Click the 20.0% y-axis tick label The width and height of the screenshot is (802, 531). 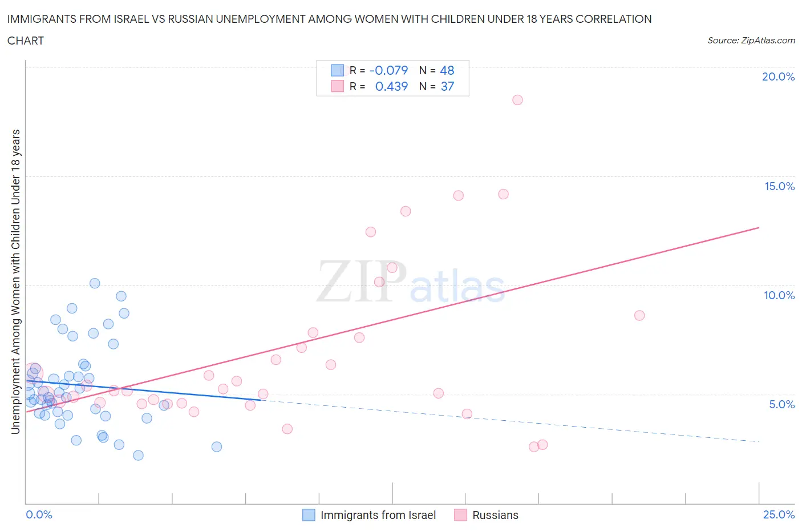pos(778,77)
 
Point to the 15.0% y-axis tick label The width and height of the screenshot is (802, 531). pos(779,186)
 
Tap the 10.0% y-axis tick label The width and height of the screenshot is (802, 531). pos(779,295)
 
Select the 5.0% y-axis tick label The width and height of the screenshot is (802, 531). pos(781,404)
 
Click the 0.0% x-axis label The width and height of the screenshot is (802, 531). pos(39,514)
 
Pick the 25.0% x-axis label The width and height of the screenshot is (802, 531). pos(779,514)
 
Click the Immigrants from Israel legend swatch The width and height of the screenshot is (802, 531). pos(309,515)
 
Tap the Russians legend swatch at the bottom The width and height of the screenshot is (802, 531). pos(460,515)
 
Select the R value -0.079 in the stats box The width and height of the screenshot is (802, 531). pos(388,70)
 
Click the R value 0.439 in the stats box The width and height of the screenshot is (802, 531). pos(391,86)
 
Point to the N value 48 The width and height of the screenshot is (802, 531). pos(447,70)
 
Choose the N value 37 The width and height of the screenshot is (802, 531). pos(447,86)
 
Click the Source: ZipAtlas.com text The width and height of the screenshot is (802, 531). pos(751,40)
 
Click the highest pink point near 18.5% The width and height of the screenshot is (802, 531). pos(517,100)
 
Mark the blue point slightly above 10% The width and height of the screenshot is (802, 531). pos(95,283)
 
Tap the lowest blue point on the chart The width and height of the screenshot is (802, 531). pos(138,455)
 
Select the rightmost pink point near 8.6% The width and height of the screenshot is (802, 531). pos(639,316)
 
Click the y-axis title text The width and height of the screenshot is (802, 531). pos(15,281)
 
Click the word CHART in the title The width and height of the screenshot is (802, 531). pos(26,41)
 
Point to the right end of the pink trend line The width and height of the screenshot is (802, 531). pos(759,227)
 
